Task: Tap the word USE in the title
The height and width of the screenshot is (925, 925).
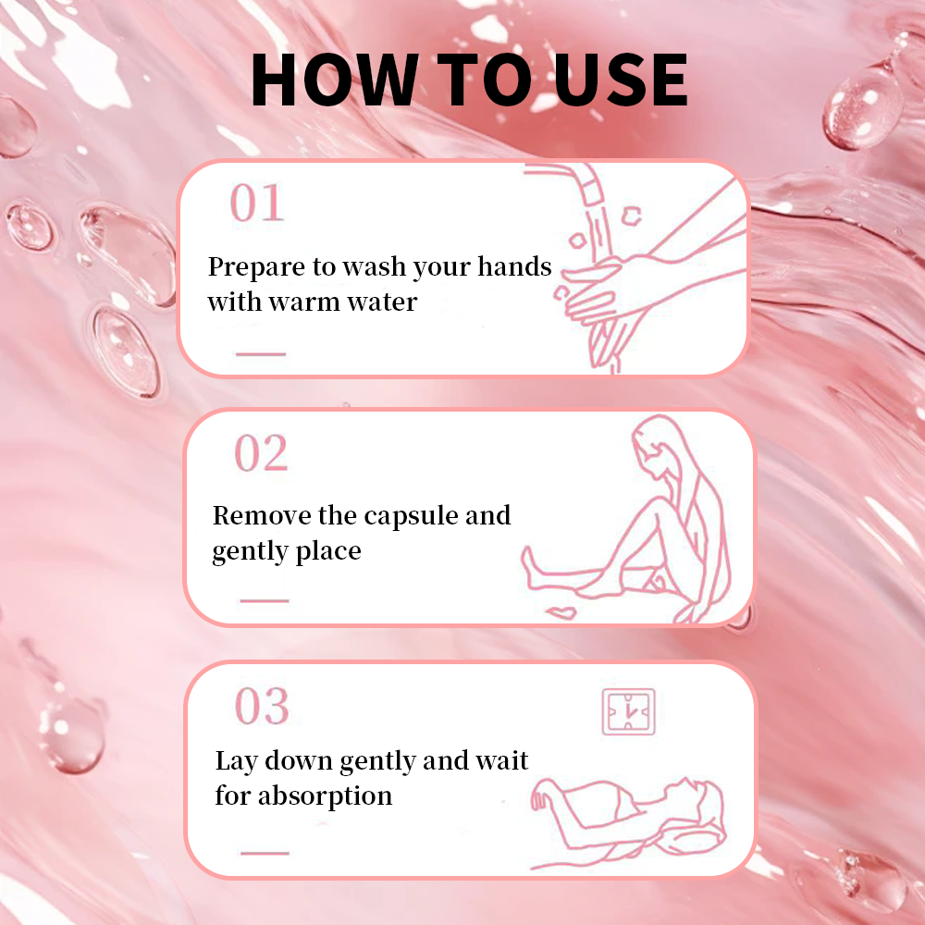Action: pyautogui.click(x=621, y=79)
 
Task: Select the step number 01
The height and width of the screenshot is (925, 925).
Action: pyautogui.click(x=256, y=203)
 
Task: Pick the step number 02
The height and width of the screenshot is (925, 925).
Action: pyautogui.click(x=262, y=453)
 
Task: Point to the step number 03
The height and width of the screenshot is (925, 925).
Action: pyautogui.click(x=262, y=706)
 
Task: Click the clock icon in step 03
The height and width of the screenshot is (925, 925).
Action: pyautogui.click(x=628, y=711)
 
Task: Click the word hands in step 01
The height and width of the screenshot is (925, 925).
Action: pyautogui.click(x=514, y=266)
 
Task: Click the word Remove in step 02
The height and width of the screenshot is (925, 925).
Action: pyautogui.click(x=262, y=515)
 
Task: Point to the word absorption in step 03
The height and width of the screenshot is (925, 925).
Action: pyautogui.click(x=325, y=795)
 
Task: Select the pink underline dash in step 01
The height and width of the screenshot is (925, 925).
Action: pyautogui.click(x=261, y=354)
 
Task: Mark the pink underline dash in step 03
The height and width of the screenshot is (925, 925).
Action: pyautogui.click(x=265, y=853)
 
